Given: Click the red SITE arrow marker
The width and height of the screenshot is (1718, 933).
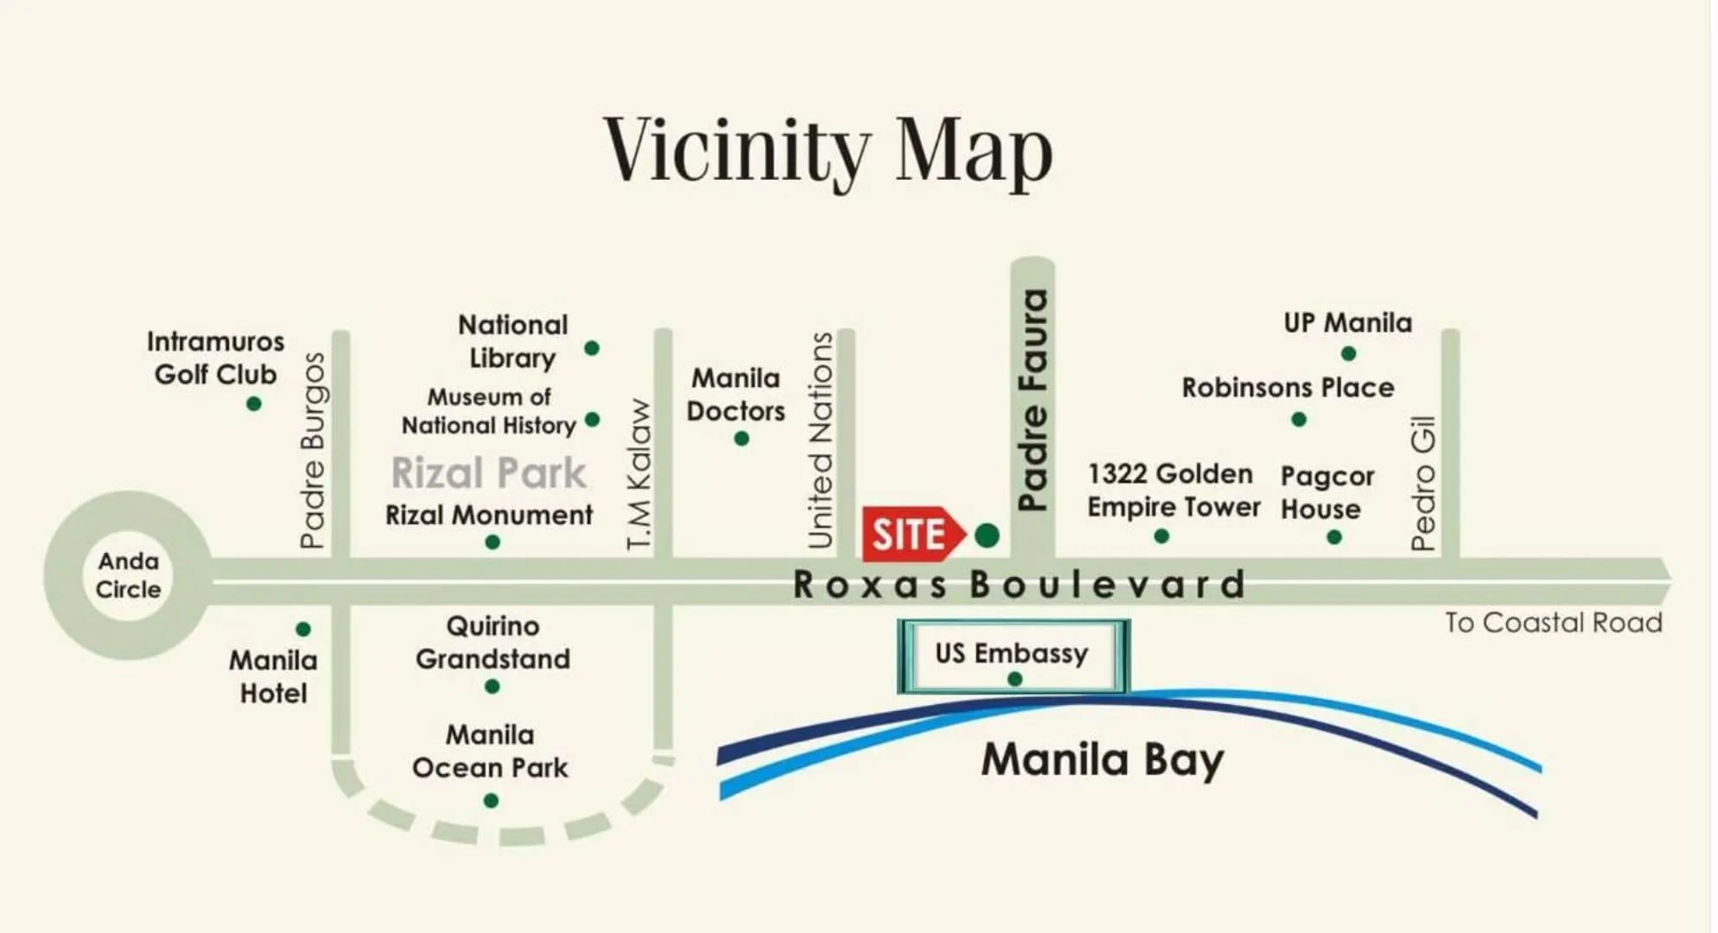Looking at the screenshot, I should tap(912, 535).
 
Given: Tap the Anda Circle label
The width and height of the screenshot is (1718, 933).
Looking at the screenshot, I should tap(128, 575).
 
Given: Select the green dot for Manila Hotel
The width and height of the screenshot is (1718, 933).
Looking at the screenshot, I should tap(303, 629).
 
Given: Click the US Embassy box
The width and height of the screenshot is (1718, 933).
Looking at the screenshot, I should tap(1013, 656).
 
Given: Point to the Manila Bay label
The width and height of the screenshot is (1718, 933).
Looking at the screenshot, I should tap(1102, 760).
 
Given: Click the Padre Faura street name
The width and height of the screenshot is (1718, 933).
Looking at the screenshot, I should tap(1033, 400).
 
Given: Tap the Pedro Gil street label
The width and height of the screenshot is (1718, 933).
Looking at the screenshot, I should tap(1422, 483).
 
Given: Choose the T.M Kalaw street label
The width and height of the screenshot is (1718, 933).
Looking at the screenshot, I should tap(639, 474).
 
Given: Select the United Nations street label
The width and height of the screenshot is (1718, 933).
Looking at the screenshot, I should tap(820, 441).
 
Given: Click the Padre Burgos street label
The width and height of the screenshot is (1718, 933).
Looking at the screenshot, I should tap(313, 450).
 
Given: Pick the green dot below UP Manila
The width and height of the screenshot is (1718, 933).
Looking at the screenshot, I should tap(1348, 353).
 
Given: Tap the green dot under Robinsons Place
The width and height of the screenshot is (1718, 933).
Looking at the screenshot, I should tap(1299, 420).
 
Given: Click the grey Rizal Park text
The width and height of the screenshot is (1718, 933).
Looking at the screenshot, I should tap(488, 473).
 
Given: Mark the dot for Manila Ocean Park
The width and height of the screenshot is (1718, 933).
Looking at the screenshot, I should tap(491, 801).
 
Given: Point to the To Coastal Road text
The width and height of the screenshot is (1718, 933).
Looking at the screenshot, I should tap(1553, 623).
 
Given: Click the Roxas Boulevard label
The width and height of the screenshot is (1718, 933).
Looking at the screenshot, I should tap(1020, 585).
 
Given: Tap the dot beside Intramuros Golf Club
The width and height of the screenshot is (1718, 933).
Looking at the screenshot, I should tap(253, 403).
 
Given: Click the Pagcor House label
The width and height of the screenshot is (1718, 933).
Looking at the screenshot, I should tap(1327, 492).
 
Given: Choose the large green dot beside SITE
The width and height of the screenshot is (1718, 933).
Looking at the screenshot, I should tap(987, 536).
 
